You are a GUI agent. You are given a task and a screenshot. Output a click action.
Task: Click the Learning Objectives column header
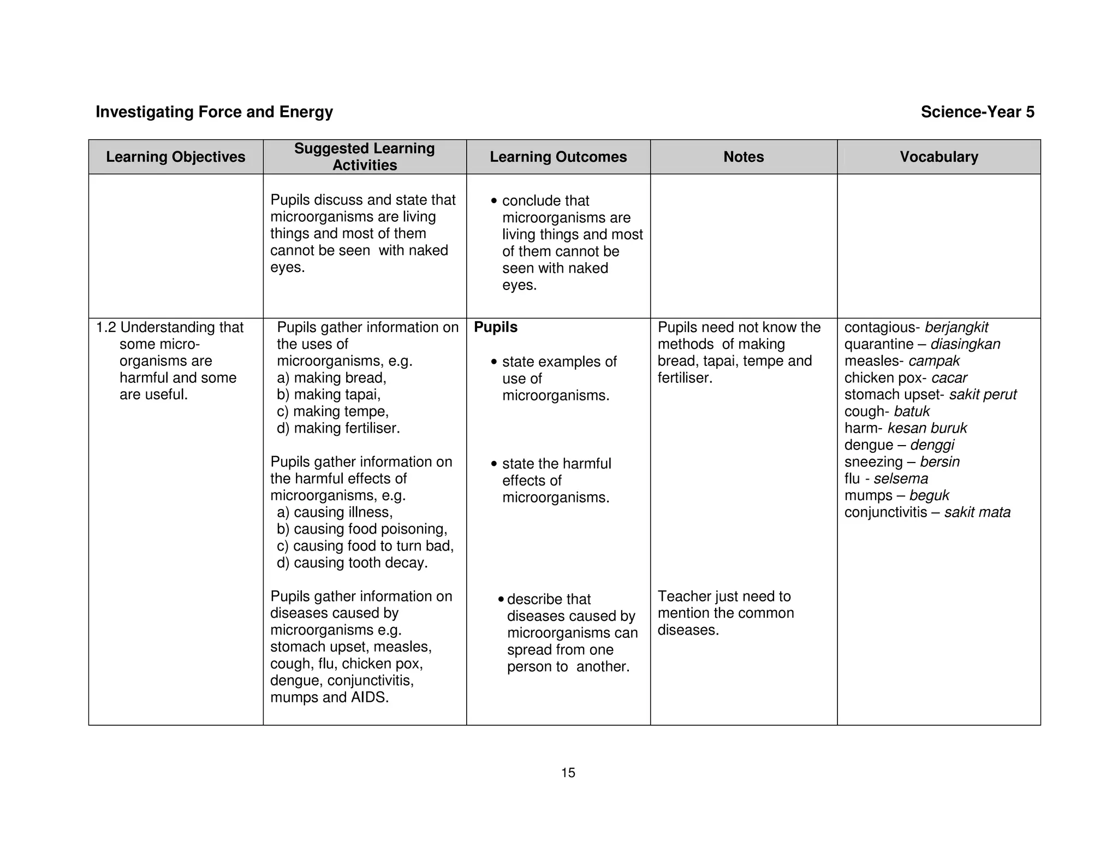[175, 157]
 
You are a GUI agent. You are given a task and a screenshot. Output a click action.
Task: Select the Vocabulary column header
[938, 157]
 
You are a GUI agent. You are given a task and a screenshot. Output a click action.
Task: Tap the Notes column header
[743, 157]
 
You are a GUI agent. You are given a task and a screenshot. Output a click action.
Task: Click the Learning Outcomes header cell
[558, 157]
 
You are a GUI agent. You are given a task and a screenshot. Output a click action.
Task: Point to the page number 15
[568, 773]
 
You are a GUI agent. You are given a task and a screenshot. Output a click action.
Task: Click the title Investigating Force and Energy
[214, 112]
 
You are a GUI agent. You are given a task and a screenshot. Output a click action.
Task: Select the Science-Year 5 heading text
[977, 112]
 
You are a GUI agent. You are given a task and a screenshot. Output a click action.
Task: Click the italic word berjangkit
[956, 328]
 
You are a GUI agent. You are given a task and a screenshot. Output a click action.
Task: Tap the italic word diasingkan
[965, 345]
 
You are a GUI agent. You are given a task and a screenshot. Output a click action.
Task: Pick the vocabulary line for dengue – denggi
[899, 445]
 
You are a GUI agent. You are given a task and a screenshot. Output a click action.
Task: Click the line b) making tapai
[329, 395]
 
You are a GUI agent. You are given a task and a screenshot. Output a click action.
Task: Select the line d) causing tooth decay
[352, 563]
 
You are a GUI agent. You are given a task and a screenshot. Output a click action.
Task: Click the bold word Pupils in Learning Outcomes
[495, 328]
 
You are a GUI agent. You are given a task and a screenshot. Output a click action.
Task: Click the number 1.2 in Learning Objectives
[106, 328]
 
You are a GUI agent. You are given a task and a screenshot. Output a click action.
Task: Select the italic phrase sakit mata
[977, 513]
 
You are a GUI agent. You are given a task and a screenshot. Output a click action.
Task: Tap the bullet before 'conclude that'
[494, 202]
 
